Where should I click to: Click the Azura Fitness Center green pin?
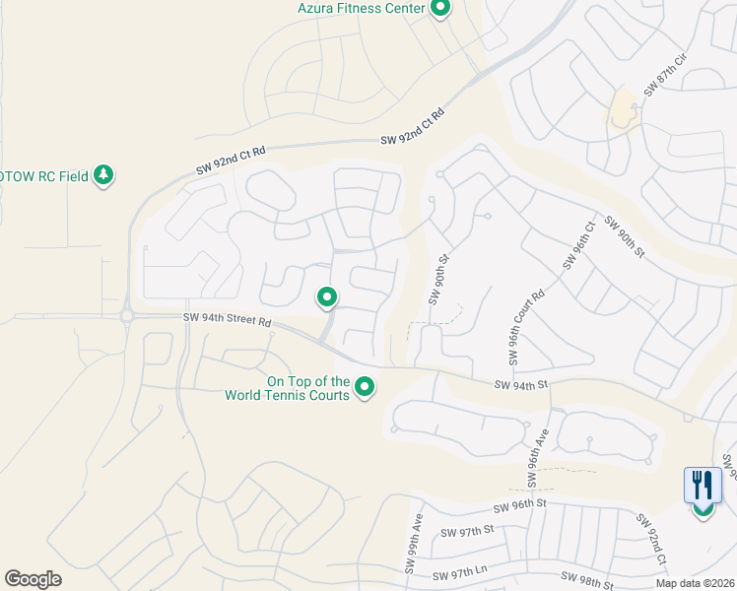tap(440, 9)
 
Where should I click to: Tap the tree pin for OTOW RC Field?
tap(103, 176)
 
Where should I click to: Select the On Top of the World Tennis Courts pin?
tap(365, 387)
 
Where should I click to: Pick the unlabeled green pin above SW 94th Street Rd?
tap(327, 295)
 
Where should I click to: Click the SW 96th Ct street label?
tap(579, 245)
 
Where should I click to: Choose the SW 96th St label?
tap(519, 504)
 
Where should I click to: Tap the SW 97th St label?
tap(467, 532)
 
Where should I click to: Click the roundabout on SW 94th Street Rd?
tap(127, 316)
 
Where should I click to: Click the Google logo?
tap(33, 579)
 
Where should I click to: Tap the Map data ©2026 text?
tap(694, 583)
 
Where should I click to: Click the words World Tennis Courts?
tap(287, 395)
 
